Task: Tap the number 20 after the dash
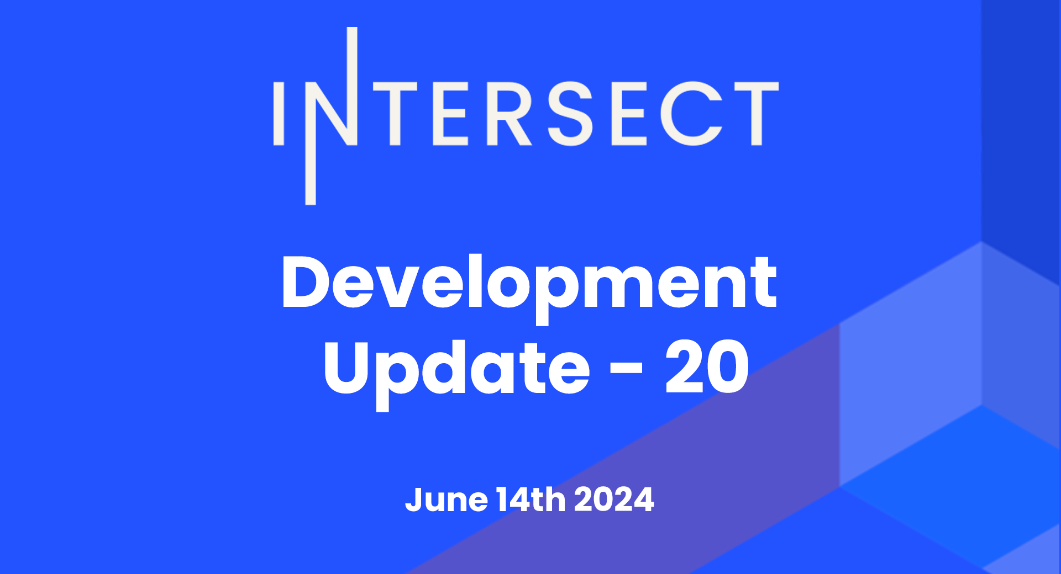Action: click(707, 366)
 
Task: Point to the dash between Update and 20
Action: click(627, 368)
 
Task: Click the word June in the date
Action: click(447, 499)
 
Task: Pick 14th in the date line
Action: click(531, 499)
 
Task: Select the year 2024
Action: click(614, 499)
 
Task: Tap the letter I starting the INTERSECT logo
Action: click(279, 114)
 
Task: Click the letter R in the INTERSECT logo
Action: click(508, 114)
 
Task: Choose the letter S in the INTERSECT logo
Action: click(570, 114)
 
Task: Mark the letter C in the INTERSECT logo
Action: click(692, 114)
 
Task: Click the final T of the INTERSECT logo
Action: click(757, 114)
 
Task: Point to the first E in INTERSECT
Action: click(450, 114)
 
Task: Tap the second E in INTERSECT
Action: click(628, 114)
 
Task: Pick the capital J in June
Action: click(414, 500)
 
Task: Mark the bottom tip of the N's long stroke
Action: click(311, 204)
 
